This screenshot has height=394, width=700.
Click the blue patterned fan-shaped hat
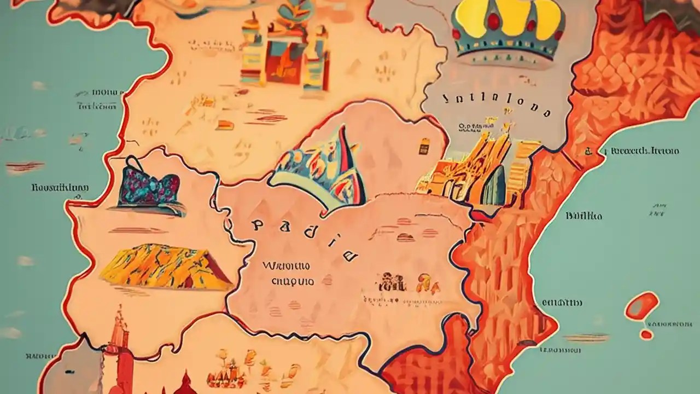320,167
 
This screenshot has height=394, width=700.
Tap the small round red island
647,334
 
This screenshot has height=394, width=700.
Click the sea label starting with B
584,216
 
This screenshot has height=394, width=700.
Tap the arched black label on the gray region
495,104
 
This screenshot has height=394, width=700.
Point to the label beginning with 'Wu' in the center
286,266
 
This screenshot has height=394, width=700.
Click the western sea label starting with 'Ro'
60,188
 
